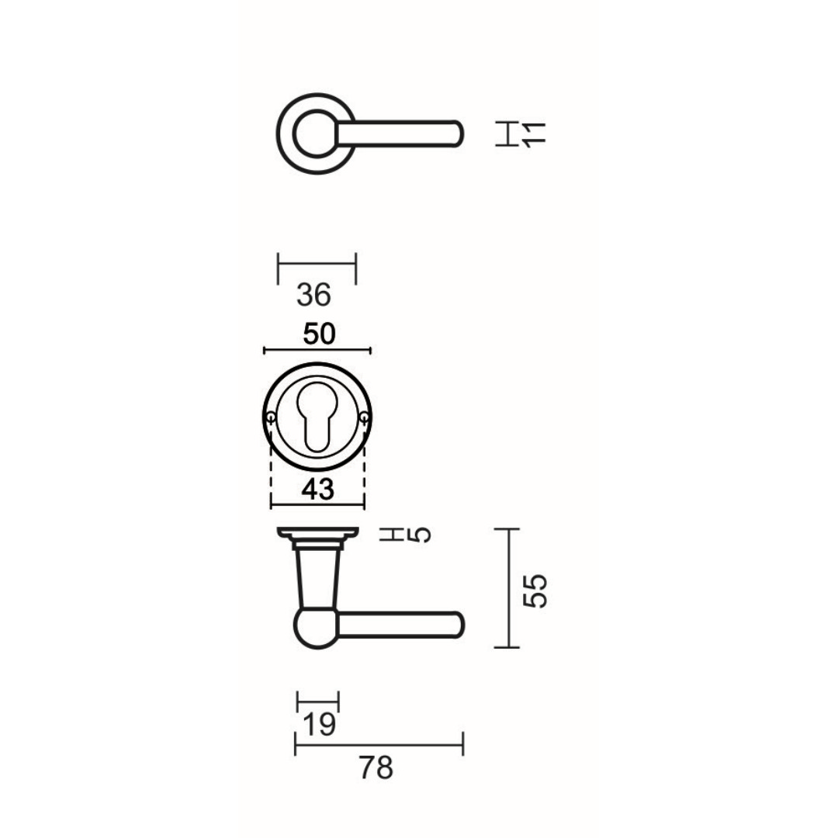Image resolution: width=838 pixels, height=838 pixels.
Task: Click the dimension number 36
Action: (x=313, y=295)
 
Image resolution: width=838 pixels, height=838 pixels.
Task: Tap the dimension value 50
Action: (x=319, y=334)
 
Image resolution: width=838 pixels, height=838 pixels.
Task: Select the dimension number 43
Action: (x=318, y=489)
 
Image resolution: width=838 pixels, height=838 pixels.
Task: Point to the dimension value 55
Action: (x=535, y=590)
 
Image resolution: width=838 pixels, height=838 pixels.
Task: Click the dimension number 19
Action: (x=319, y=725)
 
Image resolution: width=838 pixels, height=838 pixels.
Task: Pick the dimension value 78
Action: (x=376, y=768)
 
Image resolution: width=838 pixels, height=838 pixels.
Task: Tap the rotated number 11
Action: (x=534, y=133)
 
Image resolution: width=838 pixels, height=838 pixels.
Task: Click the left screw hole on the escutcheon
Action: (x=271, y=417)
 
